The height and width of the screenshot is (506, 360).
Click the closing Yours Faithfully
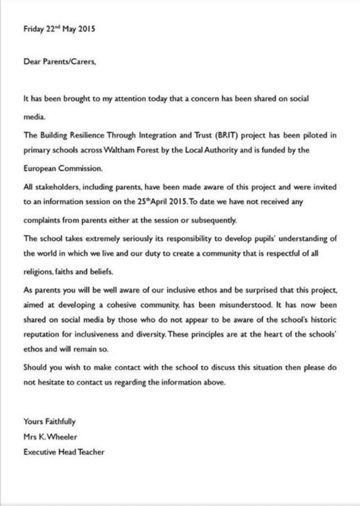coord(49,420)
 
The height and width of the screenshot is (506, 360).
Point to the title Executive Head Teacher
coord(64,451)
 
